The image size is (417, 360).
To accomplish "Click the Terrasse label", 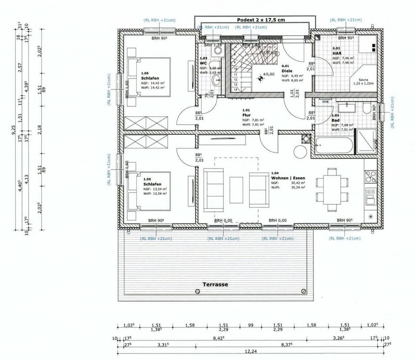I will (215, 284).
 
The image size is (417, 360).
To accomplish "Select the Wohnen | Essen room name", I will (288, 178).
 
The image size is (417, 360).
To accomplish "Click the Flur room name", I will (246, 116).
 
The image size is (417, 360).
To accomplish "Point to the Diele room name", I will (287, 70).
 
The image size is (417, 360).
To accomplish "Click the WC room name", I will (203, 63).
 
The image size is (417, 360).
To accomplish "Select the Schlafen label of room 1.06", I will (148, 78).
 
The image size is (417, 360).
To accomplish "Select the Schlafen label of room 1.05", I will (150, 184).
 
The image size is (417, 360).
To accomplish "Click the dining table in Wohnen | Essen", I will (332, 187).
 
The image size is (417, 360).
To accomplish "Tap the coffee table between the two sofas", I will (236, 190).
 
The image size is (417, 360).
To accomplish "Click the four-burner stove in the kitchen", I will (370, 176).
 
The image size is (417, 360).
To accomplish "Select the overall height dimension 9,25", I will (13, 129).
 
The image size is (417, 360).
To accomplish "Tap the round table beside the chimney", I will (300, 152).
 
